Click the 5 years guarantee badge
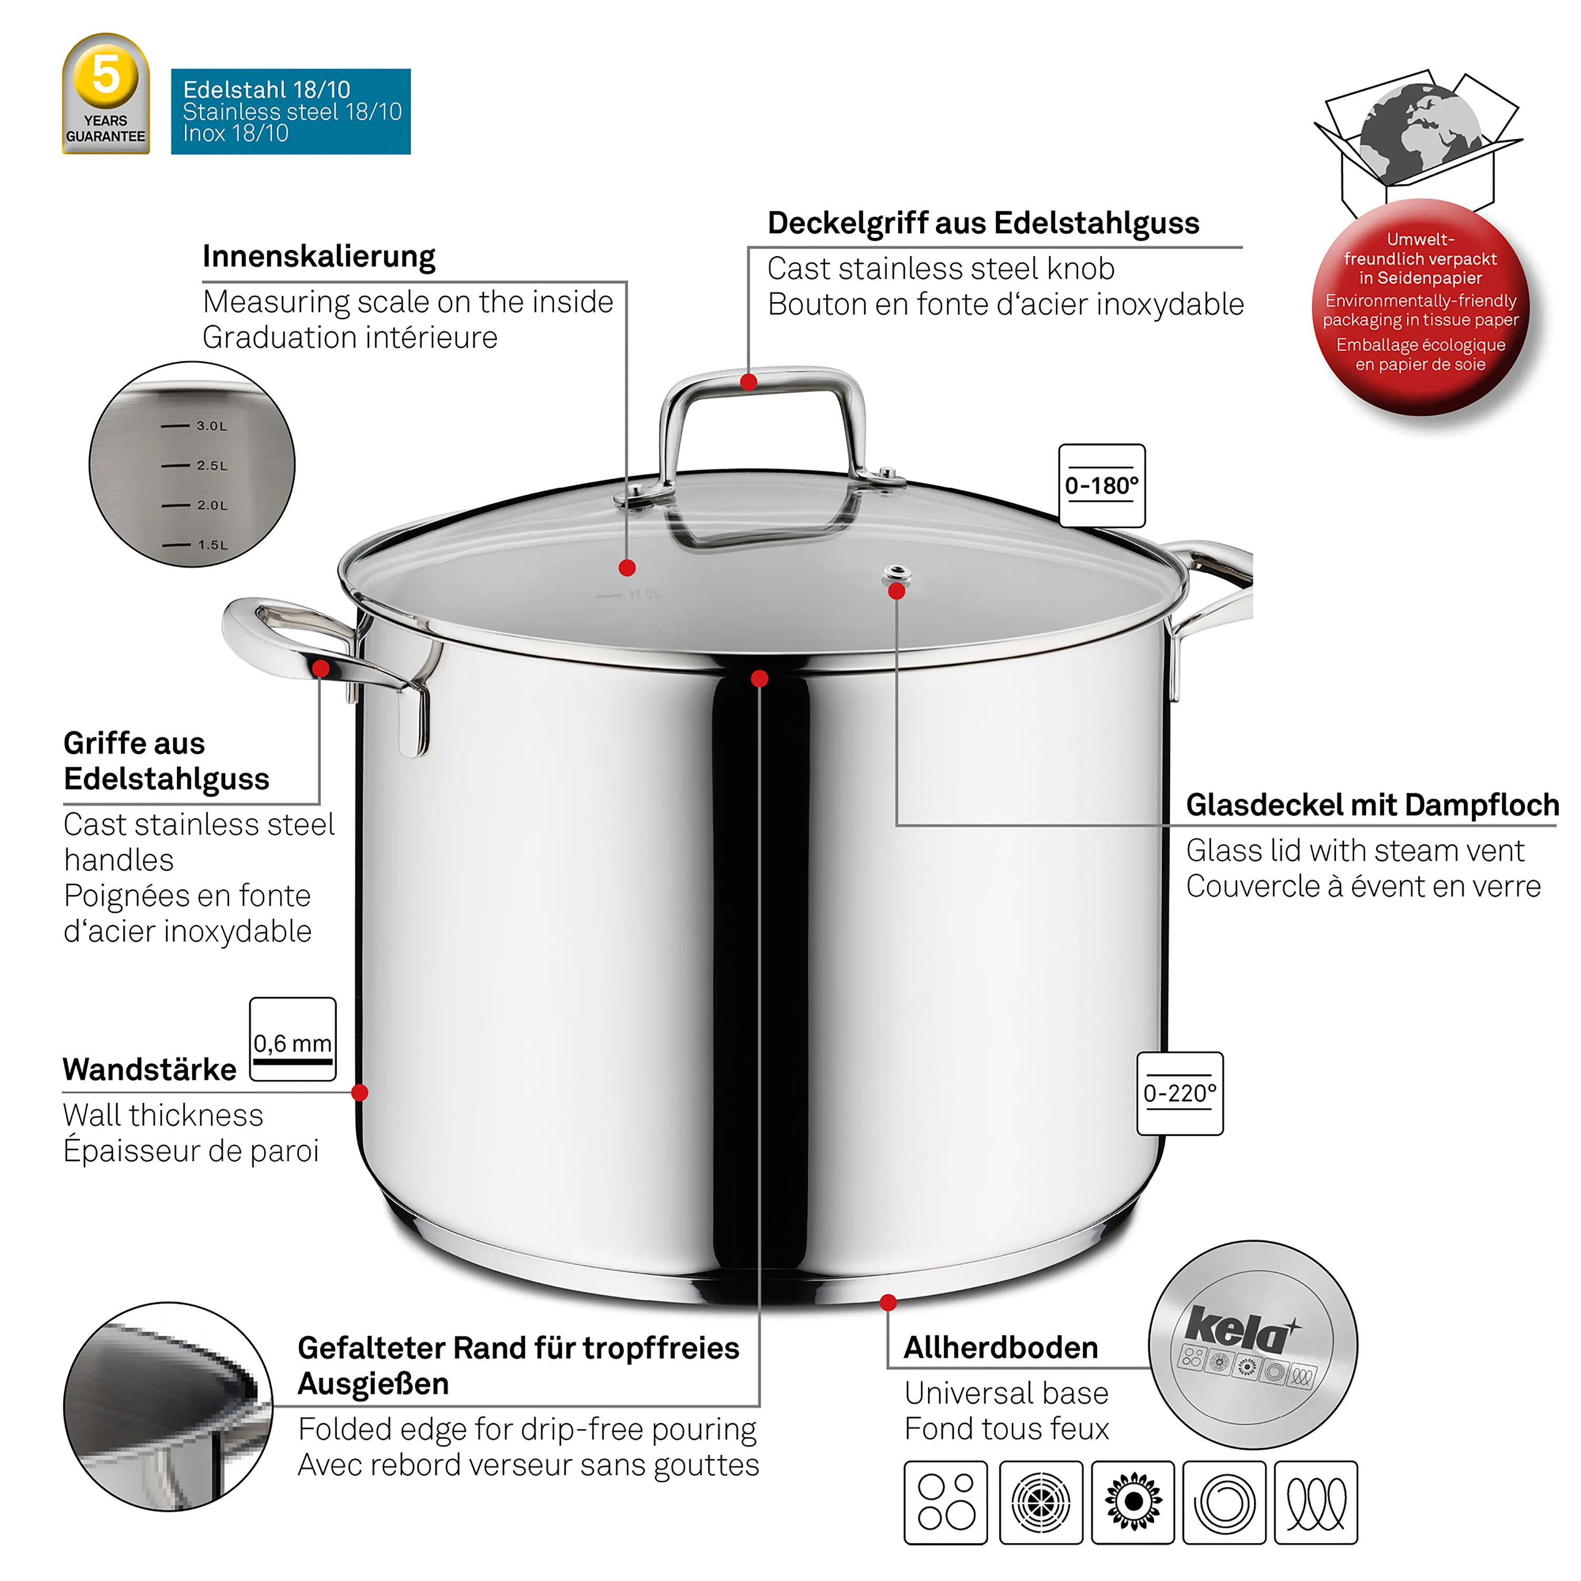coord(105,93)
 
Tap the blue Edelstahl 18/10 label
coord(290,111)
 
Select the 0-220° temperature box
coord(1180,1094)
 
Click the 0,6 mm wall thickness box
coord(292,1039)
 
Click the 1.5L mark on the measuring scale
coord(195,545)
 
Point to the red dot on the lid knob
coord(748,382)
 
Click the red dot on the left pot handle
coord(321,669)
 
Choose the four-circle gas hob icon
coord(946,1502)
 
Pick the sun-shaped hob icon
coord(1134,1502)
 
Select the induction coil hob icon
coord(1316,1502)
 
